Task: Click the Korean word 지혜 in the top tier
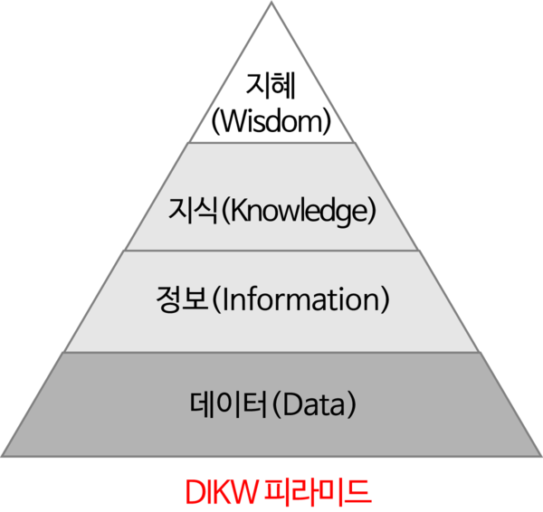[271, 89]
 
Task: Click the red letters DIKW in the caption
[220, 490]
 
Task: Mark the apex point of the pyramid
[271, 3]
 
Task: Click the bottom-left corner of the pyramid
[3, 455]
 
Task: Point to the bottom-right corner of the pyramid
[540, 455]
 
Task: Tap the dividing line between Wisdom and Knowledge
[271, 142]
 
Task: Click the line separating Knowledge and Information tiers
[271, 251]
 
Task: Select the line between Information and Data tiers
[271, 352]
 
